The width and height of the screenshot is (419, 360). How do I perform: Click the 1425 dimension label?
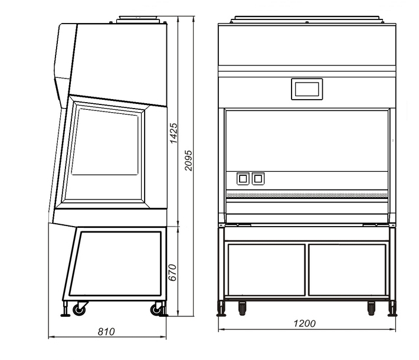[x=174, y=133]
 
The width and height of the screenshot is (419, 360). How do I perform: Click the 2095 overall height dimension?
[x=188, y=161]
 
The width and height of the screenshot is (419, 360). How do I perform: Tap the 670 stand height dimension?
[x=173, y=272]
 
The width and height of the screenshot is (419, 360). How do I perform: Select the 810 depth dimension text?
[x=106, y=332]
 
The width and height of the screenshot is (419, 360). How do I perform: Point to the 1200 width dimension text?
[x=305, y=323]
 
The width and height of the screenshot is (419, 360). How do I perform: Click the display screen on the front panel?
[x=307, y=89]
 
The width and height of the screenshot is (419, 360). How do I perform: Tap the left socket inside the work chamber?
[x=243, y=179]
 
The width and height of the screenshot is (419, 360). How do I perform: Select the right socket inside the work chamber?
[x=258, y=179]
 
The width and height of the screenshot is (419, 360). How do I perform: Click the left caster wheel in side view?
[x=79, y=309]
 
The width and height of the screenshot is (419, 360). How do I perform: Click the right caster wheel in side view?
[x=156, y=309]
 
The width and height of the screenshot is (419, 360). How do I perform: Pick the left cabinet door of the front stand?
[x=266, y=270]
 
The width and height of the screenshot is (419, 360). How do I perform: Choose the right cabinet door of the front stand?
[x=348, y=270]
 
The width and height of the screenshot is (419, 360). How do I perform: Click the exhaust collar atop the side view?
[x=138, y=19]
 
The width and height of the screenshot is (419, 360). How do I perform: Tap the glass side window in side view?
[x=105, y=142]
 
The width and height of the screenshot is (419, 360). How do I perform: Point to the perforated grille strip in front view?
[x=307, y=195]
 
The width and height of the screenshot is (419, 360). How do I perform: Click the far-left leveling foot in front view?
[x=221, y=309]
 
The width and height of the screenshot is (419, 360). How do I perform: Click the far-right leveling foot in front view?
[x=392, y=309]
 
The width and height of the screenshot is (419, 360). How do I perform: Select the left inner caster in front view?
[x=242, y=309]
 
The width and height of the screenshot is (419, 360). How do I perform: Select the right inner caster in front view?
[x=371, y=309]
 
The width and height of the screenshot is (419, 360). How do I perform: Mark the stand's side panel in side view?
[x=115, y=264]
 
